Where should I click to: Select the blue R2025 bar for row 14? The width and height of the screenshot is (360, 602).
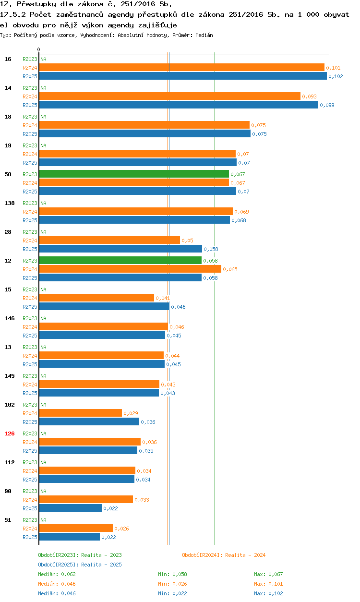[179, 105]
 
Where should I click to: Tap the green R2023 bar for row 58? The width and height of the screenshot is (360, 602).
[134, 174]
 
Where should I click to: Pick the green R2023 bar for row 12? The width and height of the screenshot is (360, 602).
[120, 260]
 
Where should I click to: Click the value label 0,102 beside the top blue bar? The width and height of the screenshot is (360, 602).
[336, 76]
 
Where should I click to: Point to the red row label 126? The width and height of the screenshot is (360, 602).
[10, 433]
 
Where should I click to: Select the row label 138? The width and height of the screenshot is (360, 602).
[10, 203]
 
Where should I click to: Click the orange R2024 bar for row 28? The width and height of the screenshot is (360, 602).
[109, 241]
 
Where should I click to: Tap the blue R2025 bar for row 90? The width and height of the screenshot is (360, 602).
[70, 508]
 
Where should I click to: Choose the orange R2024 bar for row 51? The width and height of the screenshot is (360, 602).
[76, 529]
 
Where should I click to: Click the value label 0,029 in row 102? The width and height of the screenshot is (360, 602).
[131, 413]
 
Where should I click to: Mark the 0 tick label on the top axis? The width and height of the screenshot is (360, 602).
[39, 50]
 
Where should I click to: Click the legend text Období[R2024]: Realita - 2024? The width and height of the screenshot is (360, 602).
[224, 555]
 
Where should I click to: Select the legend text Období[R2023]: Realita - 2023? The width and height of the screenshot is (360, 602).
[80, 555]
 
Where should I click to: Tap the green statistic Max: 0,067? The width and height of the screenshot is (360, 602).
[268, 574]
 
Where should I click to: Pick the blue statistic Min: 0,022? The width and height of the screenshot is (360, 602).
[172, 593]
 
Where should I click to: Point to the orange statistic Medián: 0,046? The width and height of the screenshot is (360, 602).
[57, 584]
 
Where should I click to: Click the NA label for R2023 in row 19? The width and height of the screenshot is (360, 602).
[43, 145]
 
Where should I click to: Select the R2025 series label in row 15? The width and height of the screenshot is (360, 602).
[30, 307]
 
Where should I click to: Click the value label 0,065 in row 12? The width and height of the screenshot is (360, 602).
[230, 269]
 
